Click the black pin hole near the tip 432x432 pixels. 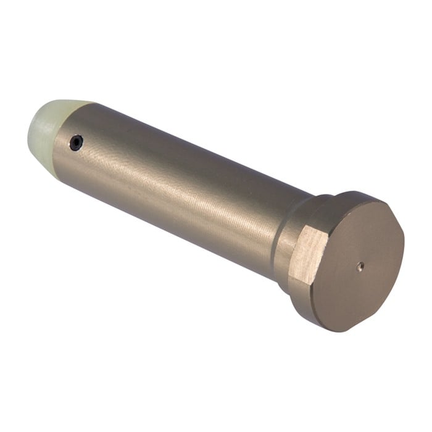[x=76, y=142]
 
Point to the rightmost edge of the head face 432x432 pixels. [x=404, y=247]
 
